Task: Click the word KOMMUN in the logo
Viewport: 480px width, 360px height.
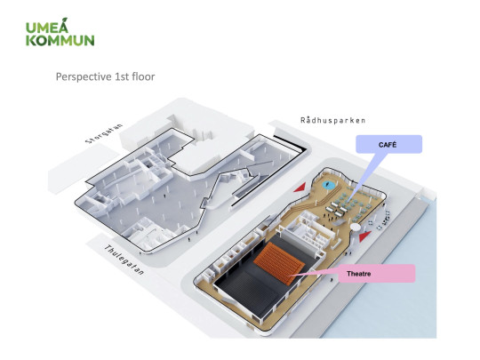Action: pos(60,39)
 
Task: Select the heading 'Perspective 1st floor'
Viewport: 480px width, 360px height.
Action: pos(105,77)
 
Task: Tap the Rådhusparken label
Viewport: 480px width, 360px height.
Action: pos(332,119)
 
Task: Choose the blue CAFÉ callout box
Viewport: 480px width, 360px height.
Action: pos(388,143)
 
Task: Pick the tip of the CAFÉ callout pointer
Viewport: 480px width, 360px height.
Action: pos(350,195)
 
